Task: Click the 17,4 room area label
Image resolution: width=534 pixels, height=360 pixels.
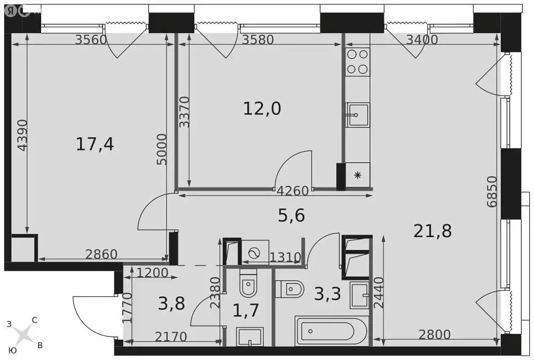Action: click(x=95, y=144)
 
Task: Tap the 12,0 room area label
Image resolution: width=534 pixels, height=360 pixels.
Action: click(x=262, y=108)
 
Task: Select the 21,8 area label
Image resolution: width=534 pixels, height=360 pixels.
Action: click(x=433, y=231)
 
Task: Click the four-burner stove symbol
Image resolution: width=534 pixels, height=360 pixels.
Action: click(x=357, y=61)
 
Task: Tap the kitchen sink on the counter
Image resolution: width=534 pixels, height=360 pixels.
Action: click(x=357, y=115)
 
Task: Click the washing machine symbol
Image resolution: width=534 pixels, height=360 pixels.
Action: click(x=255, y=254)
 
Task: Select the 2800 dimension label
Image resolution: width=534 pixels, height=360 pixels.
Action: click(x=434, y=334)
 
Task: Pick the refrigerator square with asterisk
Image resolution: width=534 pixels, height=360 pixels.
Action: click(x=358, y=175)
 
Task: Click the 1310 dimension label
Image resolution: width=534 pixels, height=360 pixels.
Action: click(x=285, y=257)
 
